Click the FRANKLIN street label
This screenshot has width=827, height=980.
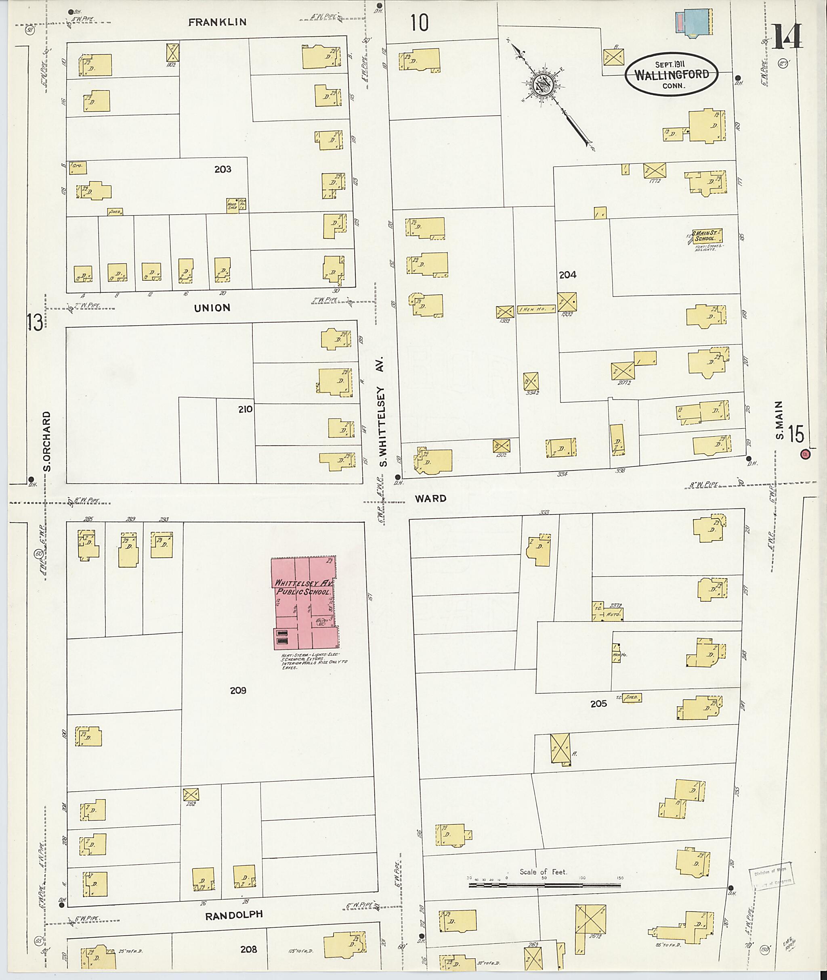pyautogui.click(x=217, y=22)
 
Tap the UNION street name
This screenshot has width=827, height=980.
pyautogui.click(x=212, y=308)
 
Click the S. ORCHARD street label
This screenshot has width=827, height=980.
pyautogui.click(x=47, y=441)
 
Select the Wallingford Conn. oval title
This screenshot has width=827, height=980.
pyautogui.click(x=672, y=74)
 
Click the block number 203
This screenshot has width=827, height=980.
pyautogui.click(x=222, y=169)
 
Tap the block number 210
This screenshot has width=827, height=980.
pyautogui.click(x=245, y=409)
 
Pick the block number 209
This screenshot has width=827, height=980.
pyautogui.click(x=238, y=690)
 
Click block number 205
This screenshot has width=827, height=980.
pyautogui.click(x=599, y=703)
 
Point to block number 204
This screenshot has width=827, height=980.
pyautogui.click(x=567, y=275)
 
